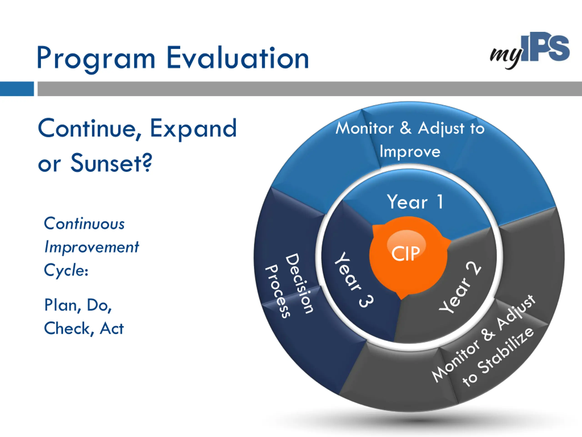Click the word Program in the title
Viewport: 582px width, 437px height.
point(96,59)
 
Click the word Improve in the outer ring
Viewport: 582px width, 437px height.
point(410,152)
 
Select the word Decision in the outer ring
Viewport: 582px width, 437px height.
point(299,283)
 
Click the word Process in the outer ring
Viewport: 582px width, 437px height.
point(277,291)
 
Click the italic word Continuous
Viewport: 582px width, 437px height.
point(84,224)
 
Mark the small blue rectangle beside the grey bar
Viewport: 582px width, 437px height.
point(17,89)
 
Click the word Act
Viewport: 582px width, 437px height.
point(112,328)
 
